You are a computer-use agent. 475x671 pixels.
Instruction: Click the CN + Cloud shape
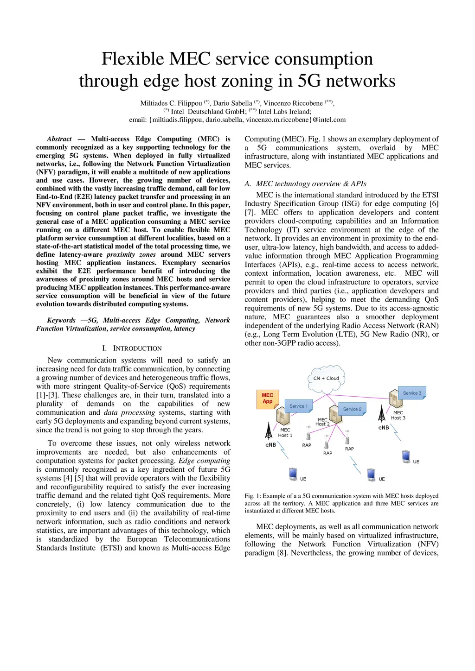(x=326, y=378)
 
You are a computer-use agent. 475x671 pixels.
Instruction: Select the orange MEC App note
(x=267, y=399)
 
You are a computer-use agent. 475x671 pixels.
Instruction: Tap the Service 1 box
(x=298, y=406)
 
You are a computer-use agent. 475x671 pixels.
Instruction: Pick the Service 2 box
(x=352, y=409)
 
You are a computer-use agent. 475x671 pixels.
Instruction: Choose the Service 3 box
(x=412, y=393)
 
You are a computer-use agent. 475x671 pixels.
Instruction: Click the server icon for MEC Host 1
(x=282, y=417)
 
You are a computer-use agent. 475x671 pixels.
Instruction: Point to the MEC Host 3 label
(x=398, y=415)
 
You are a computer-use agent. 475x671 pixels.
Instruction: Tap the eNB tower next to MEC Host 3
(x=382, y=413)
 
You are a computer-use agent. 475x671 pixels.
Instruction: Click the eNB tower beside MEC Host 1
(x=269, y=430)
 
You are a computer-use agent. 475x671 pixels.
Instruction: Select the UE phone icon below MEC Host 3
(x=406, y=456)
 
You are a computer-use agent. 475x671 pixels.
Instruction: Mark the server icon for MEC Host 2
(x=335, y=414)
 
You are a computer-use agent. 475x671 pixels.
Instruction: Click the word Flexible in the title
(x=133, y=59)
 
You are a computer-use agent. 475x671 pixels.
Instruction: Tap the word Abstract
(x=59, y=139)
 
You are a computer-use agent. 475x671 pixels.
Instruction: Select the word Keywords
(x=61, y=320)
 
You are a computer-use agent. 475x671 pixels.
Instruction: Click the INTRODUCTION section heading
(x=137, y=348)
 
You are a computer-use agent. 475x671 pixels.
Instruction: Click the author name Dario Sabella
(x=232, y=103)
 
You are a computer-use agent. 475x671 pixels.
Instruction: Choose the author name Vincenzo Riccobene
(x=293, y=103)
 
